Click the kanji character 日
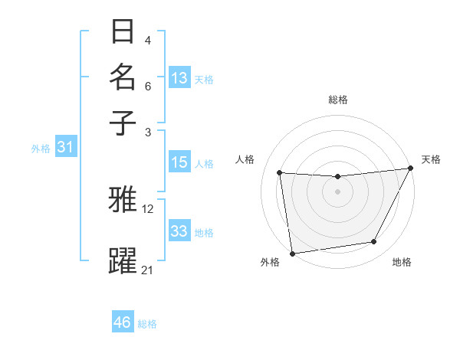point(123,32)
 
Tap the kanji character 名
point(123,77)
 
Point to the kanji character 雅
point(123,200)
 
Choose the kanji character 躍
point(123,260)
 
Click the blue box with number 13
point(179,78)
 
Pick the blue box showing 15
point(179,162)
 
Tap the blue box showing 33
point(179,231)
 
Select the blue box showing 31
point(64,148)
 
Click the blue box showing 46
point(123,322)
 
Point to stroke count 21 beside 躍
point(147,270)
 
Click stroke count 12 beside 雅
point(147,208)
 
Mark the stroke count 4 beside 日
point(147,40)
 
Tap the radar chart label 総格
point(337,100)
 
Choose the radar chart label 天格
point(431,159)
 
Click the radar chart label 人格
point(245,159)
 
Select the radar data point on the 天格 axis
point(410,169)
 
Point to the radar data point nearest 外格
point(292,253)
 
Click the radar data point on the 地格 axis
point(374,242)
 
